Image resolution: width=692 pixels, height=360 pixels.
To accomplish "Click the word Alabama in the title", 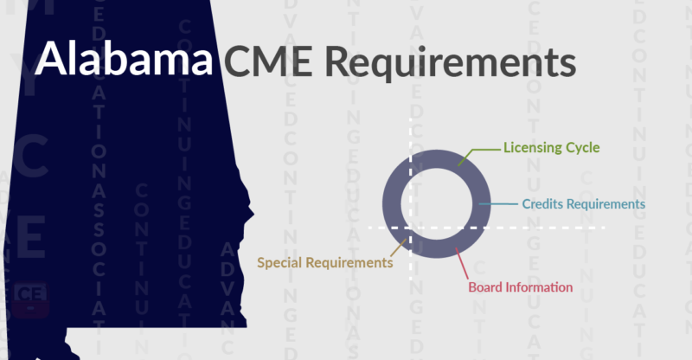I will pyautogui.click(x=125, y=61).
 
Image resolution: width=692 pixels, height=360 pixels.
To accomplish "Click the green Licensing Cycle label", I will pyautogui.click(x=552, y=147).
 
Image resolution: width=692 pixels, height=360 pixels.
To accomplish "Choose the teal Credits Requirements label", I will pyautogui.click(x=584, y=204).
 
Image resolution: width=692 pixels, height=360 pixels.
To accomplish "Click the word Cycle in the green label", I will pyautogui.click(x=581, y=147).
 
